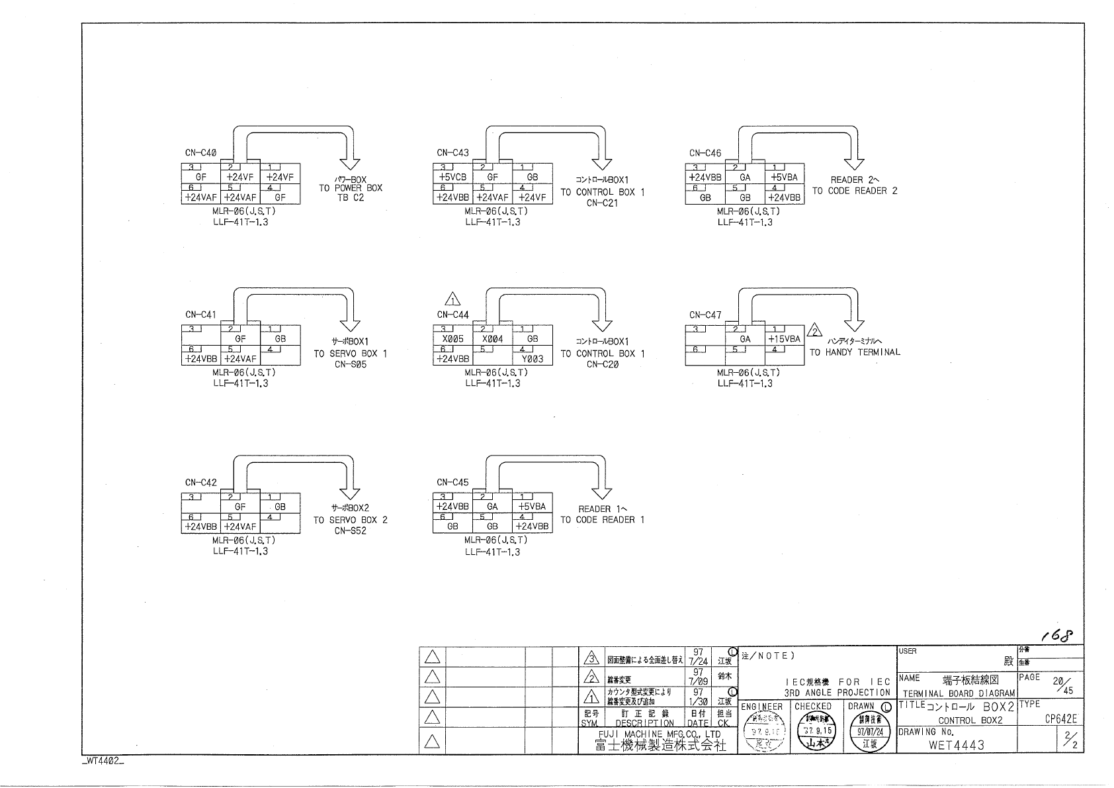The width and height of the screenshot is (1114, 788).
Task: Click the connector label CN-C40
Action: [x=200, y=153]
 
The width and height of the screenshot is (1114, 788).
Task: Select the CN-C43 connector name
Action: [x=452, y=153]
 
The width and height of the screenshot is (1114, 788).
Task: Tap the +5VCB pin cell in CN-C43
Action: [x=452, y=177]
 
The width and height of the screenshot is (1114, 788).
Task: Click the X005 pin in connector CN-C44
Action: [x=452, y=338]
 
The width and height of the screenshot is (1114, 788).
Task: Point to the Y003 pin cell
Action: [x=533, y=359]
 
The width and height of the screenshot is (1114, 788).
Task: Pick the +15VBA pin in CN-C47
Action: [x=785, y=338]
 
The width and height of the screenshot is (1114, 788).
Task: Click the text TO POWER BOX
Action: [x=351, y=188]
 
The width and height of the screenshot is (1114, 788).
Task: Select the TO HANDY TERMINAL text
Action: [x=855, y=352]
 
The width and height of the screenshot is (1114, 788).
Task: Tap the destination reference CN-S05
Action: [x=351, y=364]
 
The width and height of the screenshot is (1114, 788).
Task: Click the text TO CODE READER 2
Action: [x=855, y=191]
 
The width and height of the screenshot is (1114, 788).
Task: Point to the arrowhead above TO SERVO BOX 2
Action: [x=350, y=493]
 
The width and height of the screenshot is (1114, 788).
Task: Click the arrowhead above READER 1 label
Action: [x=602, y=493]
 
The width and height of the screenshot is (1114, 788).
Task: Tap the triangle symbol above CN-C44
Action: [x=453, y=299]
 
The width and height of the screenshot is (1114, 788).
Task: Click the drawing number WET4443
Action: [x=956, y=745]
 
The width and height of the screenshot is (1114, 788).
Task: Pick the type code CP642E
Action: [x=1061, y=719]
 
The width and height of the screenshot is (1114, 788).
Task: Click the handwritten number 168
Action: [x=1056, y=636]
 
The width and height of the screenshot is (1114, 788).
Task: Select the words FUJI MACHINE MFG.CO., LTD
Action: [x=660, y=734]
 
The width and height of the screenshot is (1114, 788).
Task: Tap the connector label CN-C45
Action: [x=452, y=483]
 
